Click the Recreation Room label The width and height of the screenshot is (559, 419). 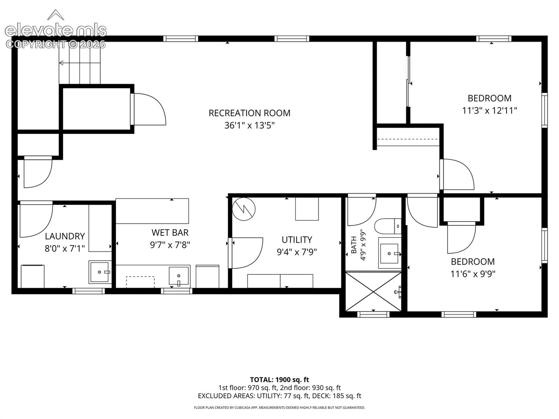(x=249, y=113)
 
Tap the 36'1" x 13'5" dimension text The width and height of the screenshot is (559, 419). (x=249, y=125)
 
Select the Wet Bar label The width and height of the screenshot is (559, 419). (x=170, y=232)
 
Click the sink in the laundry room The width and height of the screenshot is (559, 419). (x=100, y=272)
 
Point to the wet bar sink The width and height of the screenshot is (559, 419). (x=179, y=276)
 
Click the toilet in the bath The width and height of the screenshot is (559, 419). (x=387, y=226)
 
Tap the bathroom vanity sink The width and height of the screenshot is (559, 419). (x=389, y=253)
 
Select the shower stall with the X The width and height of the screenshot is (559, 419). (x=373, y=291)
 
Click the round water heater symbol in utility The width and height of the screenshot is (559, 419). (x=244, y=209)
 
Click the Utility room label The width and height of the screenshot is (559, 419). (x=297, y=240)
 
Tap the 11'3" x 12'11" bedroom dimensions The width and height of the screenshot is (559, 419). (x=490, y=111)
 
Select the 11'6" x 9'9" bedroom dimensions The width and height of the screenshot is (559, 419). (x=473, y=274)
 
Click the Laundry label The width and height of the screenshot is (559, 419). (x=65, y=236)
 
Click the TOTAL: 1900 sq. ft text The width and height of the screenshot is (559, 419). (x=279, y=380)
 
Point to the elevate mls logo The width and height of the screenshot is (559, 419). (x=56, y=29)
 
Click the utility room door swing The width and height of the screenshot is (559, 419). (x=246, y=253)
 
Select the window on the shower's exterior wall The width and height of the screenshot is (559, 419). (x=373, y=314)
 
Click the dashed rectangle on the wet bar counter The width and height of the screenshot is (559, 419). (x=140, y=282)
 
